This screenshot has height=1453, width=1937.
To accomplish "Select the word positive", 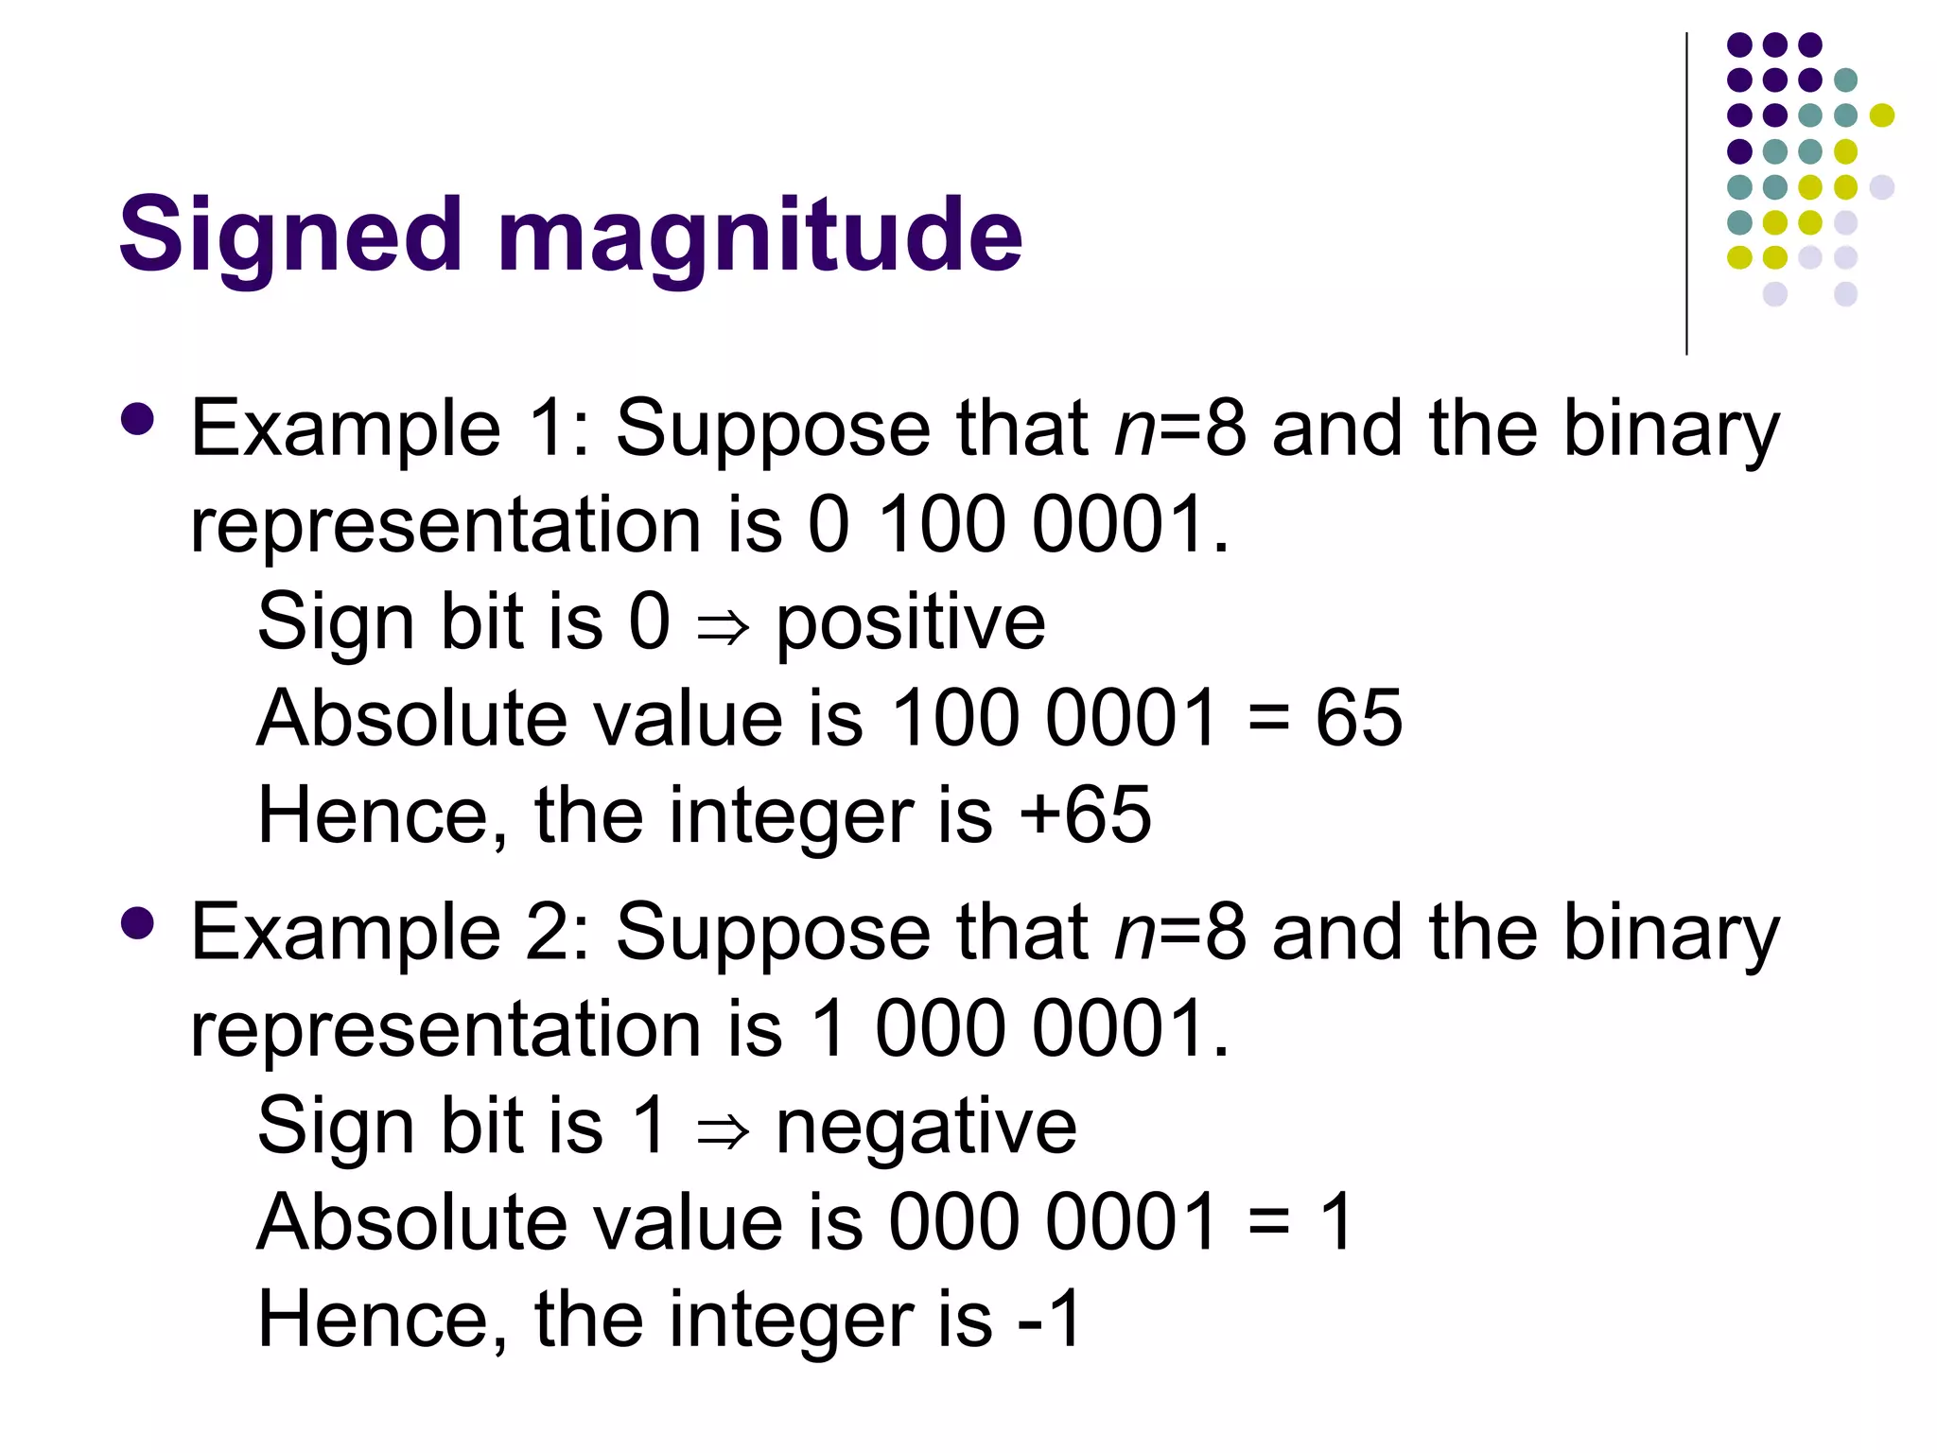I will click(911, 624).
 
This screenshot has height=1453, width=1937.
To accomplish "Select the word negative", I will click(926, 1128).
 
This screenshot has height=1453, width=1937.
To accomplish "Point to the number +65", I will click(1086, 815).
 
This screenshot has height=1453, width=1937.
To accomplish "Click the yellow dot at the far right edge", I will click(1882, 115).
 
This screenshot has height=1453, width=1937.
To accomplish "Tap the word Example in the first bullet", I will click(345, 429).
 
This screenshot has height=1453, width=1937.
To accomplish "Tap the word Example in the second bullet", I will click(345, 934).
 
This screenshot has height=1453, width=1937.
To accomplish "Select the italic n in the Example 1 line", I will click(1134, 431).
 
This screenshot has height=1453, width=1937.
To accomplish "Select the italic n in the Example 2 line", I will click(1134, 936).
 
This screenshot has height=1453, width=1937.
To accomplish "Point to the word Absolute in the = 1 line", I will click(411, 1223).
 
